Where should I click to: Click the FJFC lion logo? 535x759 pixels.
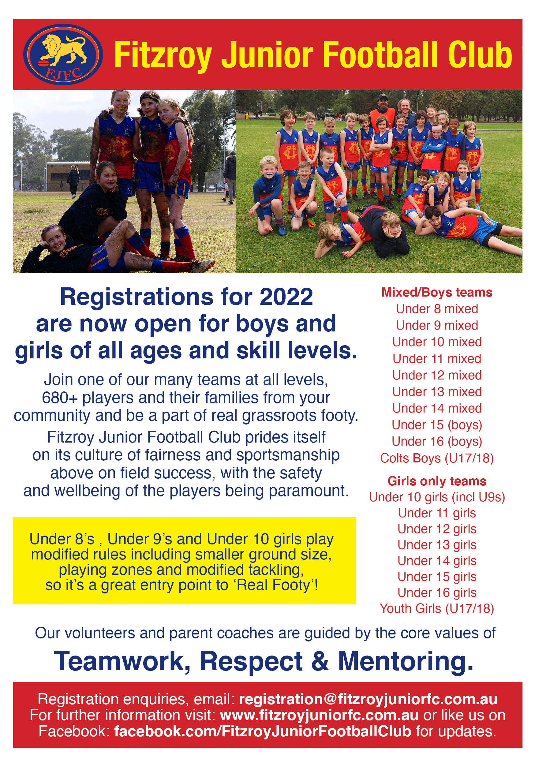(x=63, y=54)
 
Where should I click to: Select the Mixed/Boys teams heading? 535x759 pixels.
(x=437, y=293)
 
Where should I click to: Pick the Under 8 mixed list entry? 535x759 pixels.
(x=437, y=309)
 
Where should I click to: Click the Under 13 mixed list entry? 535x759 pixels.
(x=437, y=392)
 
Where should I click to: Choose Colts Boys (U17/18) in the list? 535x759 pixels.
(x=437, y=458)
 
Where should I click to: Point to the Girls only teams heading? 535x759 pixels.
(x=437, y=481)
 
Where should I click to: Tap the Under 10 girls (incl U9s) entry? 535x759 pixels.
(x=437, y=497)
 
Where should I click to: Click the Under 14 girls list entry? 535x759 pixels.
(x=437, y=561)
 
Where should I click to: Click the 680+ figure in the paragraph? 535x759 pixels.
(x=60, y=398)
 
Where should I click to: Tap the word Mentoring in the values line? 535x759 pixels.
(x=406, y=661)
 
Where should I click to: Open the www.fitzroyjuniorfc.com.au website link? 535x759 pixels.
(x=319, y=715)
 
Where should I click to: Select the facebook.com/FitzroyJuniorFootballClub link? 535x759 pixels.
(x=263, y=731)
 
